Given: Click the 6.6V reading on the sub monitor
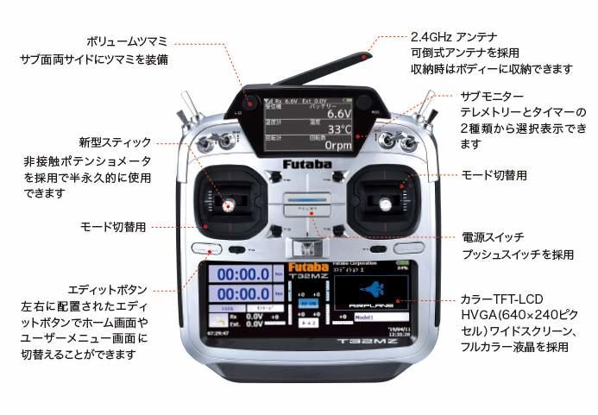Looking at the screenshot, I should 338,114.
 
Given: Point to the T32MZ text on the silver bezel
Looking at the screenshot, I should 359,343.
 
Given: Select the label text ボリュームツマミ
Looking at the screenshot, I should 128,41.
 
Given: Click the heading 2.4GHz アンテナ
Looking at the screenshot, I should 454,37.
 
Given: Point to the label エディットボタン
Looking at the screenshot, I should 107,289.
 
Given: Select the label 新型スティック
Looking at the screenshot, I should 115,141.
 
